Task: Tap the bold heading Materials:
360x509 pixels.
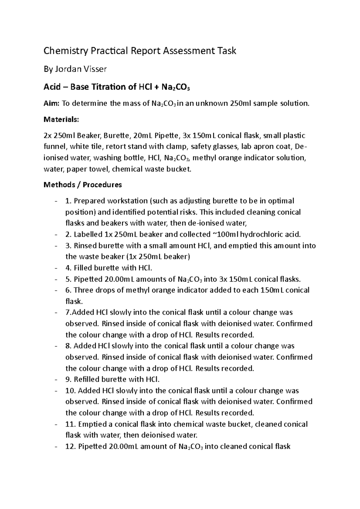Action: (x=61, y=120)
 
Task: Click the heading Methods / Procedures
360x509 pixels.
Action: (x=83, y=185)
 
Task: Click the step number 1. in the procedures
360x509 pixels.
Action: (x=68, y=201)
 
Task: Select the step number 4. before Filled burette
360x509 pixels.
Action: (x=68, y=268)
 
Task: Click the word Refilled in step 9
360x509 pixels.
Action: (x=86, y=380)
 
